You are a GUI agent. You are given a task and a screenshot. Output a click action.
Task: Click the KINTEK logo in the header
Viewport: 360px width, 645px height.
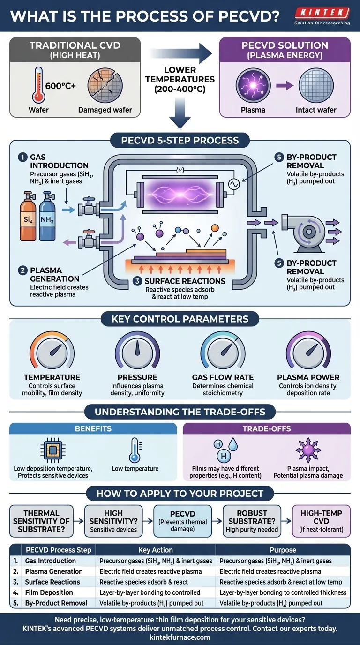pyautogui.click(x=322, y=13)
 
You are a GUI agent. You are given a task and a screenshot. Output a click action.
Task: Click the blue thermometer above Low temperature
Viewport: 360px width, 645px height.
pyautogui.click(x=135, y=450)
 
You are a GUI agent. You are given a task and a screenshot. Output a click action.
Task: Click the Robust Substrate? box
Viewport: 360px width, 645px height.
pyautogui.click(x=252, y=520)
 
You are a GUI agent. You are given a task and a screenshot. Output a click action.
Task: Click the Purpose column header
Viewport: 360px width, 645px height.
pyautogui.click(x=283, y=550)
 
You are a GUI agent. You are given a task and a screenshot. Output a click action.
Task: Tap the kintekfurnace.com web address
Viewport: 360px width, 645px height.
pyautogui.click(x=180, y=637)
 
